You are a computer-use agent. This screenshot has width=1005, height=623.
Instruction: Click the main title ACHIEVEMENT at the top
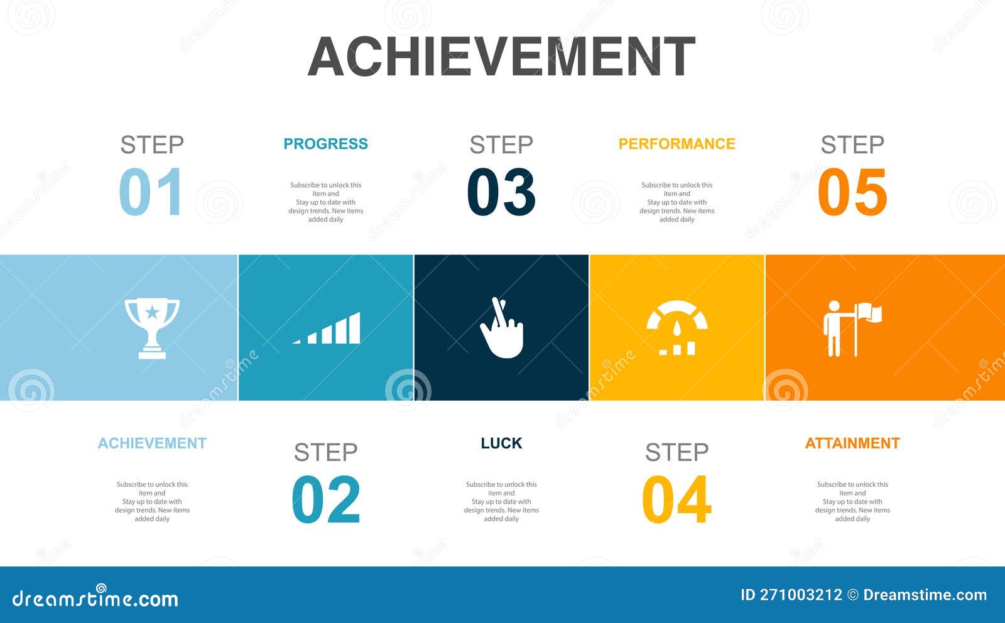point(501,57)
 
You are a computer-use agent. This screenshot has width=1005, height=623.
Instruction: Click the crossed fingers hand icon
point(502,328)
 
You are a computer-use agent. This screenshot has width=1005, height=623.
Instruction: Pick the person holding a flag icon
point(852,328)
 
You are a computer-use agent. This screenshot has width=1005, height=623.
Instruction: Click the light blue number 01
point(151,192)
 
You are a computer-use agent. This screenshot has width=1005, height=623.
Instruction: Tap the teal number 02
point(326,499)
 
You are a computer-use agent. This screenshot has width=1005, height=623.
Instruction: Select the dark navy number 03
point(501,192)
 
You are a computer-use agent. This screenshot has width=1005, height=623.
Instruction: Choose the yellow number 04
point(676,499)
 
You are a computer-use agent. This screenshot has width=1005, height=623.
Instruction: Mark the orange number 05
point(852,192)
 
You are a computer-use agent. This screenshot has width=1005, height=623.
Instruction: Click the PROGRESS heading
point(325,144)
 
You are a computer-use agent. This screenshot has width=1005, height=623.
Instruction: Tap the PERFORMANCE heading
point(676,144)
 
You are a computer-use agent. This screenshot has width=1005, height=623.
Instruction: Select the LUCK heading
point(501,443)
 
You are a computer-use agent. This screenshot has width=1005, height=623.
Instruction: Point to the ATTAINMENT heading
point(852,443)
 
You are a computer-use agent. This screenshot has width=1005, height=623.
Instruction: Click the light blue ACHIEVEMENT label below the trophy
point(152,443)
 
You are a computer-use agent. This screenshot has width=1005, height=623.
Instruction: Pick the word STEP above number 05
point(852,145)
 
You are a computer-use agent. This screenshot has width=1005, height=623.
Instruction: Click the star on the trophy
point(152,311)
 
